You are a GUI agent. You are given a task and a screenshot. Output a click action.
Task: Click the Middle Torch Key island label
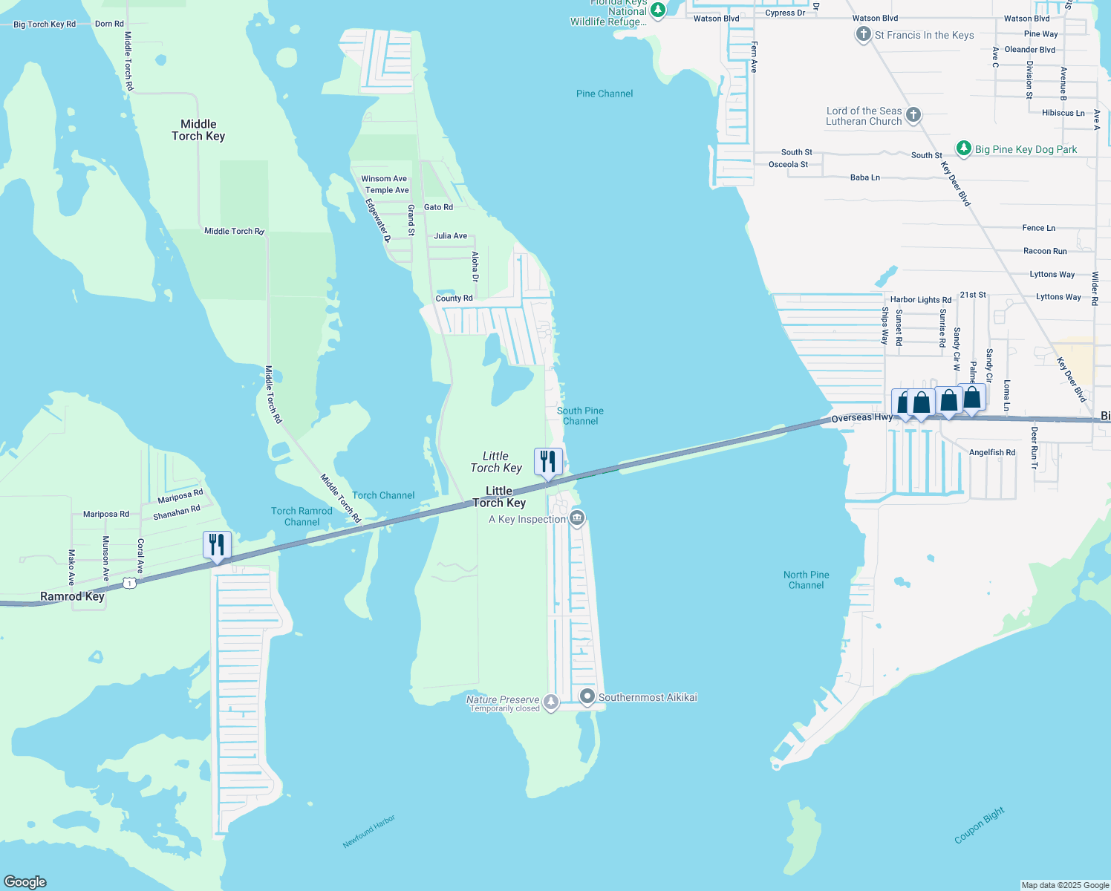pyautogui.click(x=198, y=130)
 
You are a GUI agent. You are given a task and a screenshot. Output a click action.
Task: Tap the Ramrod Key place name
pyautogui.click(x=72, y=596)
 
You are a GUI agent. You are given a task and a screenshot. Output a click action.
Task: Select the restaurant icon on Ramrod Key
pyautogui.click(x=217, y=546)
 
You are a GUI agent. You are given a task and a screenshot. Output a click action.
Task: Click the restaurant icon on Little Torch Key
pyautogui.click(x=548, y=463)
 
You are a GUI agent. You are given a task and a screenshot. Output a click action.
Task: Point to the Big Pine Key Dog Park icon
pyautogui.click(x=964, y=148)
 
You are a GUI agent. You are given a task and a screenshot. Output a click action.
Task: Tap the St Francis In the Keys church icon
pyautogui.click(x=863, y=34)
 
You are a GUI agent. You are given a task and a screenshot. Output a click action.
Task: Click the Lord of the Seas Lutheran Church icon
pyautogui.click(x=913, y=115)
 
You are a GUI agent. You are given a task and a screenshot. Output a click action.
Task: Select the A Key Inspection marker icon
pyautogui.click(x=578, y=518)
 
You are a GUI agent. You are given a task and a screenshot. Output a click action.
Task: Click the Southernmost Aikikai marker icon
pyautogui.click(x=587, y=696)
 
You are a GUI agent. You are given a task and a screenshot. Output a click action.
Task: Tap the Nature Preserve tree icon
pyautogui.click(x=550, y=702)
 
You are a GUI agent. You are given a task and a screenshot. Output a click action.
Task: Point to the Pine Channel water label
pyautogui.click(x=605, y=94)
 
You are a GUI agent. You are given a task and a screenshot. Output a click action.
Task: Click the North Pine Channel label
pyautogui.click(x=806, y=580)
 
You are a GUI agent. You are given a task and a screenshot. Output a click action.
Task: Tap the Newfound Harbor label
pyautogui.click(x=369, y=832)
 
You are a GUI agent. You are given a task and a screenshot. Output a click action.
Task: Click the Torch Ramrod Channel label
pyautogui.click(x=302, y=516)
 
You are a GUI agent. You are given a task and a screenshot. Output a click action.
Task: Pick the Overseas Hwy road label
pyautogui.click(x=861, y=418)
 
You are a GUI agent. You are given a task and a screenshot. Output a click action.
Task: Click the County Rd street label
pyautogui.click(x=454, y=298)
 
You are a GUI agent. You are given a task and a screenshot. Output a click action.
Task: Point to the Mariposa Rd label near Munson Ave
pyautogui.click(x=105, y=514)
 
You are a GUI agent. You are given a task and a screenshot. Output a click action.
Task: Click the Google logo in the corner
pyautogui.click(x=25, y=881)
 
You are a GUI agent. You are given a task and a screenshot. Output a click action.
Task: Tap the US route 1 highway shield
pyautogui.click(x=131, y=584)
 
